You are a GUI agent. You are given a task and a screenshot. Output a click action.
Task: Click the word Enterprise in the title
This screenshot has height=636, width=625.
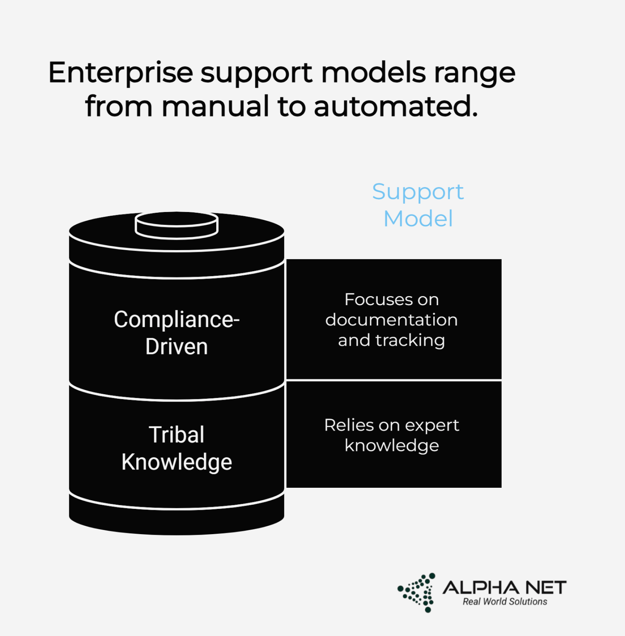point(121,73)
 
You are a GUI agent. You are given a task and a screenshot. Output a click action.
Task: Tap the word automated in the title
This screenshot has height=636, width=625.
point(396,106)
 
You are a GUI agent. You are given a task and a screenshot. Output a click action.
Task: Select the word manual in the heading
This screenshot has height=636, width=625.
point(215,106)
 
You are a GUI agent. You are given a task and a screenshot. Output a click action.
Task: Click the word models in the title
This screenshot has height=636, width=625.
point(373,73)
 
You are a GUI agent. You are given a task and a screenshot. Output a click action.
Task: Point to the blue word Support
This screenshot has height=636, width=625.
point(417,192)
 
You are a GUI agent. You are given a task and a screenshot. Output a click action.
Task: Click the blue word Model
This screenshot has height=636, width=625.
point(418,219)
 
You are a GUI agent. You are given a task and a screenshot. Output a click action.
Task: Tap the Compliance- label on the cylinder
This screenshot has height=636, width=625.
point(177,320)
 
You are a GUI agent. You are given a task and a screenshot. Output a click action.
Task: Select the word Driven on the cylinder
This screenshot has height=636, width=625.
point(176,347)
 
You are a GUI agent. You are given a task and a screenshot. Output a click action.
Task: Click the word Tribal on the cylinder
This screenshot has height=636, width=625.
point(176,435)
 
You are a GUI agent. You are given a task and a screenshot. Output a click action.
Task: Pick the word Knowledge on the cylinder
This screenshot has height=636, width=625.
point(176,462)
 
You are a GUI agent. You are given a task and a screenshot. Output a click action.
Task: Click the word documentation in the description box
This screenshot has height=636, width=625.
point(391,320)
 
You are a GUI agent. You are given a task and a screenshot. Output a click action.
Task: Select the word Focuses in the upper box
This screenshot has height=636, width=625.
point(372,299)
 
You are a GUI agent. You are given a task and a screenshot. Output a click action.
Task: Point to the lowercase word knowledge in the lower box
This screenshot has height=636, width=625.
point(391,446)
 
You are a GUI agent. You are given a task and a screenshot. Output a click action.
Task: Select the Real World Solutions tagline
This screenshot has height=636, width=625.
point(505,602)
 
